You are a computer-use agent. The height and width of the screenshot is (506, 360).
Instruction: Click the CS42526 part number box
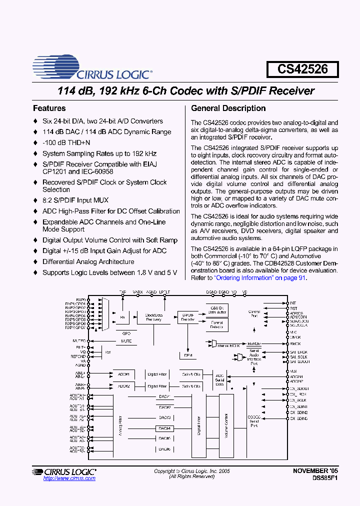pyautogui.click(x=302, y=69)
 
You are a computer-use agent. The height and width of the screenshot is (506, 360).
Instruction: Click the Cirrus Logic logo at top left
pyautogui.click(x=92, y=68)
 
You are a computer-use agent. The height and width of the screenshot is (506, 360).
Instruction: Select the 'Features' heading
pyautogui.click(x=49, y=108)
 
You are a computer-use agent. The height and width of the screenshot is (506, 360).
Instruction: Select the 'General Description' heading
pyautogui.click(x=228, y=108)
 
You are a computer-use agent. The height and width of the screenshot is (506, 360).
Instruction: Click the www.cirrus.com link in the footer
pyautogui.click(x=69, y=478)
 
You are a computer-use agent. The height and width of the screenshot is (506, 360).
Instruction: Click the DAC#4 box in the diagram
pyautogui.click(x=165, y=428)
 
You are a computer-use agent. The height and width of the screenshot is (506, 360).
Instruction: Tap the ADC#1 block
pyautogui.click(x=124, y=374)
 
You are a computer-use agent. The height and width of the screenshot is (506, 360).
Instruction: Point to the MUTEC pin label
pyautogui.click(x=79, y=340)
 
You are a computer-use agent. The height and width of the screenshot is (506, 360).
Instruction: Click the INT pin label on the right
pyautogui.click(x=293, y=303)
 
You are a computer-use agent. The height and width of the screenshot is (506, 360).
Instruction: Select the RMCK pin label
pyautogui.click(x=295, y=343)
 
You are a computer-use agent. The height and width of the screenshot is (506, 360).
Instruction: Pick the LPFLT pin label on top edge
pyautogui.click(x=165, y=291)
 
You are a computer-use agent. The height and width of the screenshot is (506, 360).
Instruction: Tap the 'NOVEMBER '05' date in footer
pyautogui.click(x=315, y=471)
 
